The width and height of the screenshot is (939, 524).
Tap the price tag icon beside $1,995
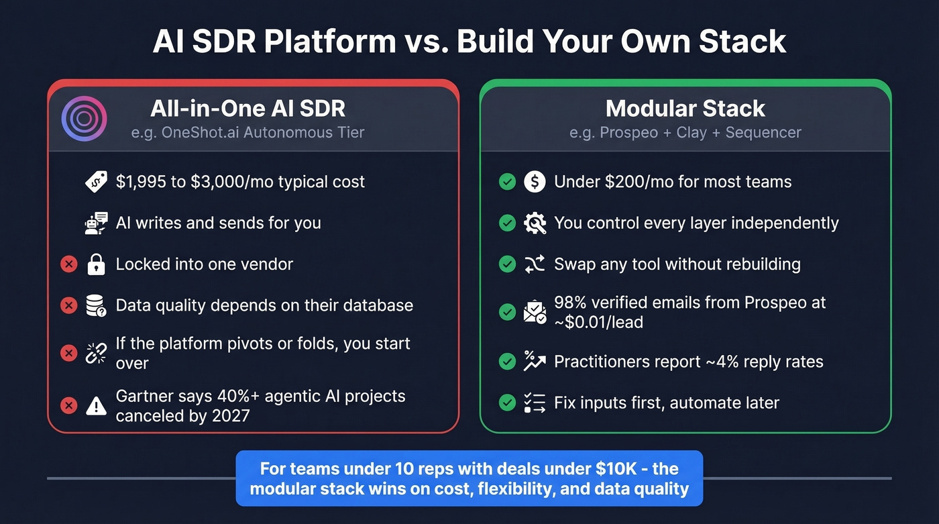tap(97, 182)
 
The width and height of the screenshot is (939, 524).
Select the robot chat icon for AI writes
tap(97, 223)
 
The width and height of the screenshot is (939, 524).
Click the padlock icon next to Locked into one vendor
tap(97, 264)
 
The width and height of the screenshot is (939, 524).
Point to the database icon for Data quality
tap(97, 306)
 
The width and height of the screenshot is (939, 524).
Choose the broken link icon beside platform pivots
tap(97, 353)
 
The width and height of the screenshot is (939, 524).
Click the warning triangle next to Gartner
tap(97, 405)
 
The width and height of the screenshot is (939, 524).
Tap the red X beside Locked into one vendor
tap(68, 264)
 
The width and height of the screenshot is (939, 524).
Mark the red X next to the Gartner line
tap(68, 405)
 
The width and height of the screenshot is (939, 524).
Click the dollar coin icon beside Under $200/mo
tap(535, 182)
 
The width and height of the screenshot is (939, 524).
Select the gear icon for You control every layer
tap(535, 223)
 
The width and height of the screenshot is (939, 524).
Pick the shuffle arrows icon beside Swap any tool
tap(535, 264)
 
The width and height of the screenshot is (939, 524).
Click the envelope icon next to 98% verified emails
tap(535, 312)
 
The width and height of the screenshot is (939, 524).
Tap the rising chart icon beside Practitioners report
tap(535, 362)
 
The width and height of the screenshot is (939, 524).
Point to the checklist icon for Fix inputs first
tap(535, 403)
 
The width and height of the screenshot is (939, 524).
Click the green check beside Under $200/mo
tap(507, 182)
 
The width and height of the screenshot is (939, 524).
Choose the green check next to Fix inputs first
tap(507, 403)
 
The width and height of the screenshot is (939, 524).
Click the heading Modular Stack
tap(685, 109)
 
